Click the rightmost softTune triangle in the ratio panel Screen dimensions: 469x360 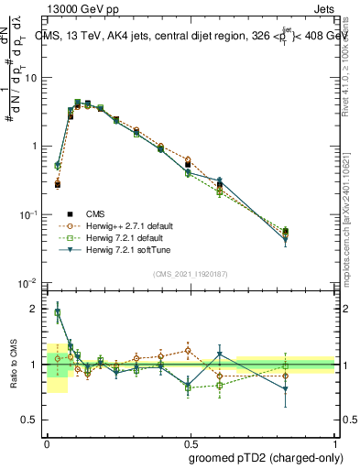tap(286, 389)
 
